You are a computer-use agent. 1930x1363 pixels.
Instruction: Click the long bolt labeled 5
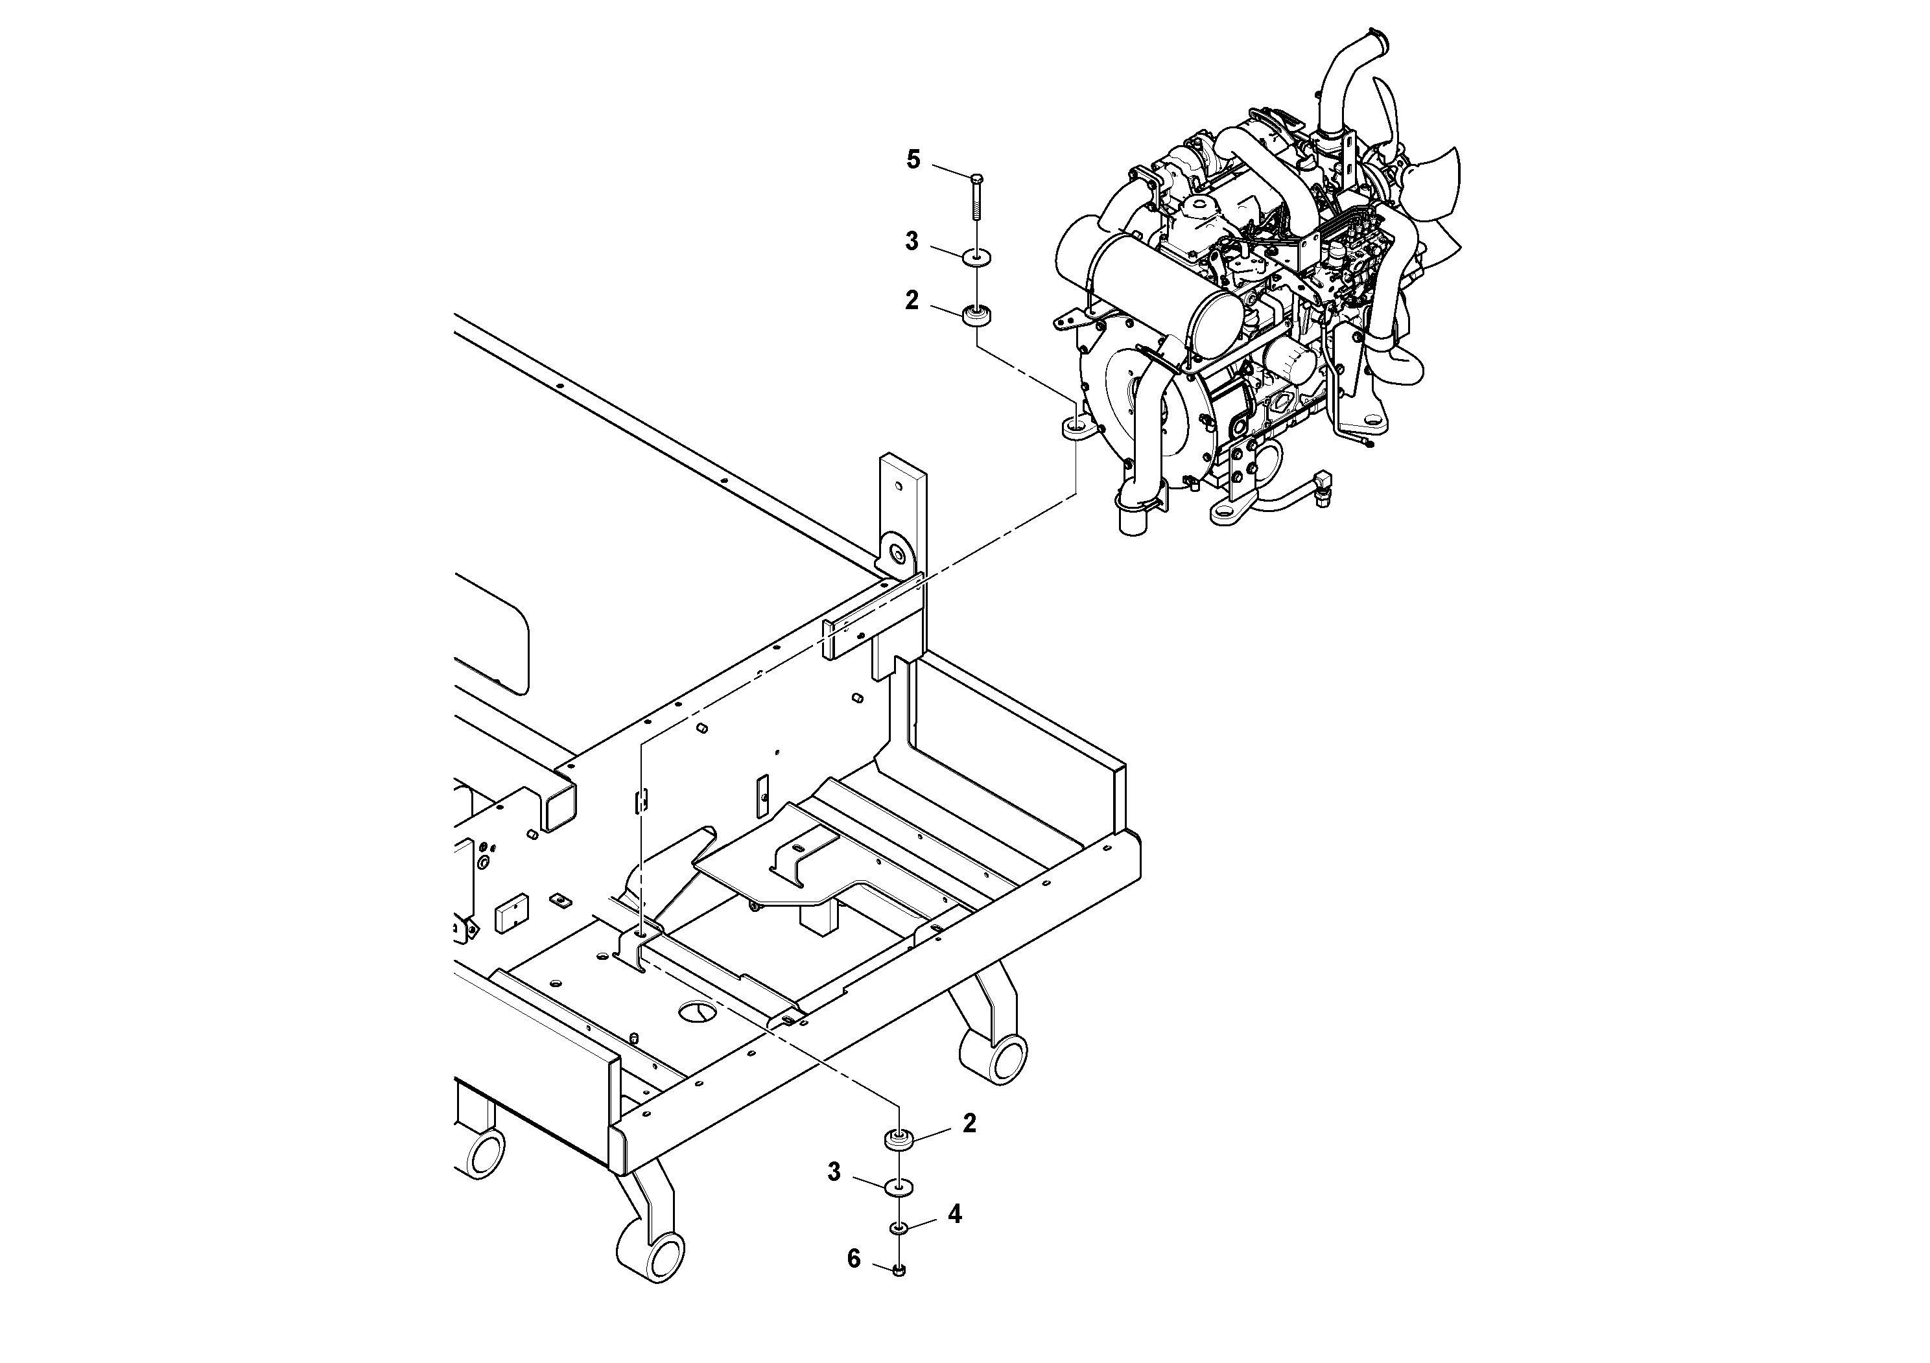(977, 198)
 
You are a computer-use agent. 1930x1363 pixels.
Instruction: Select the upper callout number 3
(912, 242)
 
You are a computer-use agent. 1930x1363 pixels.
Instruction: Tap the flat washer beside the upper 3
(977, 255)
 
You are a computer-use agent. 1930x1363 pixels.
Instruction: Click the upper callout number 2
(912, 300)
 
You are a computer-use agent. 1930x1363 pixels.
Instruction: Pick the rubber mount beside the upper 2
(977, 317)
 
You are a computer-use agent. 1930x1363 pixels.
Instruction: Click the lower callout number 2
(969, 1123)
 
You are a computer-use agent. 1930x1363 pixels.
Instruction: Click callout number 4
(954, 1215)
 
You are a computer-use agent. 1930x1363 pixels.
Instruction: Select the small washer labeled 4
(899, 1230)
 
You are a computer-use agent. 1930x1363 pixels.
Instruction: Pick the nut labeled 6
(899, 1294)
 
